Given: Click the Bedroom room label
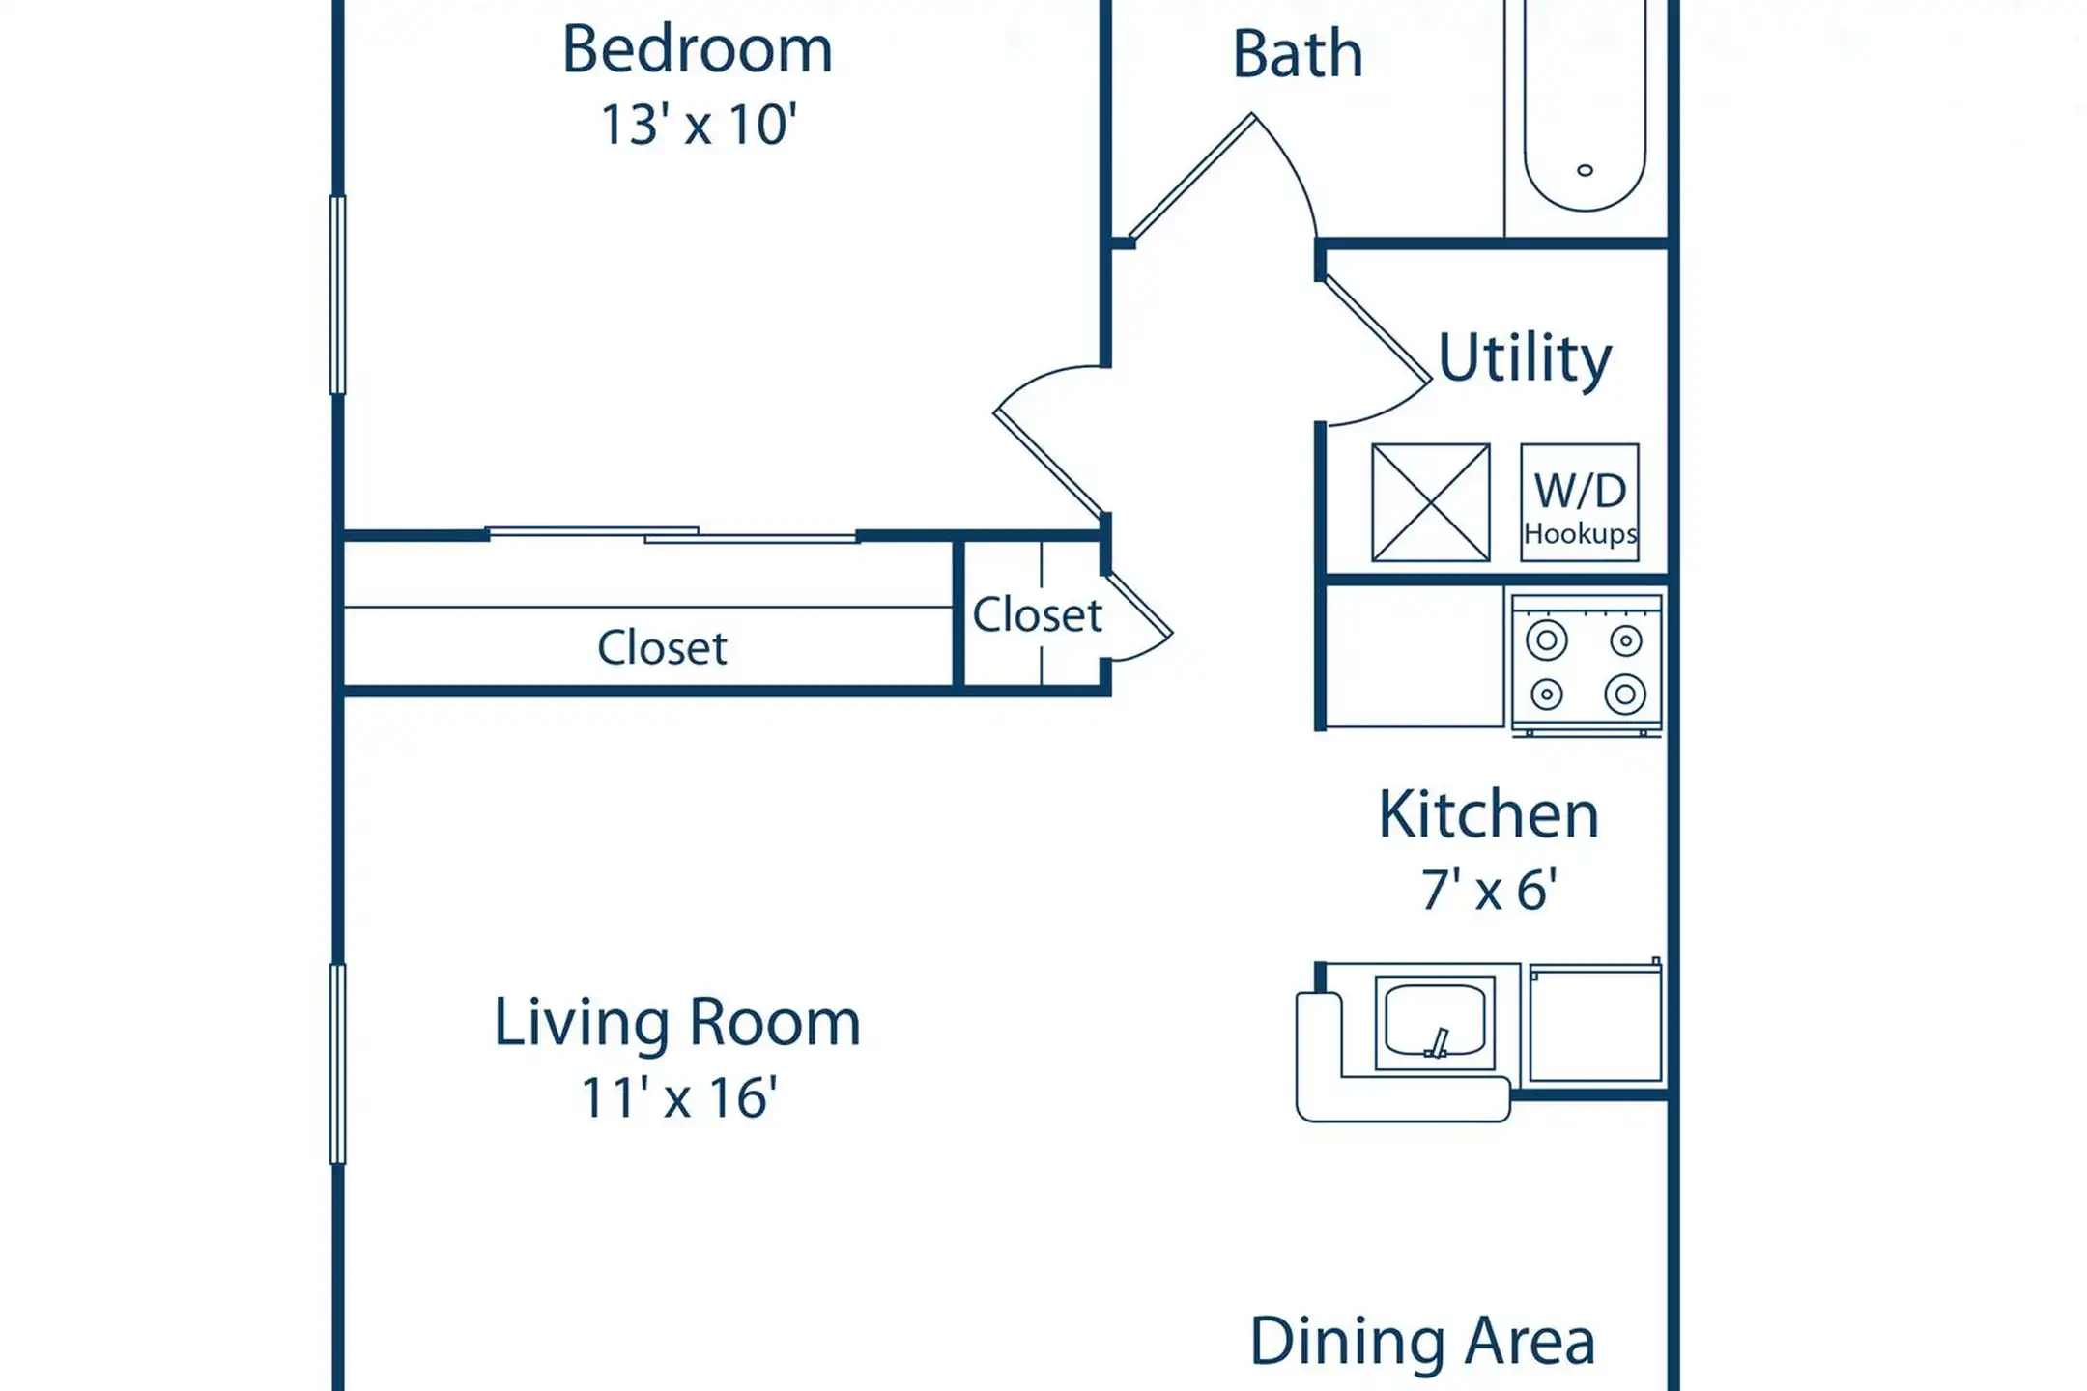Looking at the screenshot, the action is [x=697, y=50].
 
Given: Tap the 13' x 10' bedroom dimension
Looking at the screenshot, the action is [x=699, y=125].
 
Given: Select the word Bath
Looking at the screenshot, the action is [x=1298, y=54].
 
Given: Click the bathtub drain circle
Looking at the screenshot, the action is [x=1585, y=171].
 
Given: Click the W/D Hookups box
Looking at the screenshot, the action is [x=1580, y=502].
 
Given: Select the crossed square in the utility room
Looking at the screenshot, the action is [x=1431, y=502].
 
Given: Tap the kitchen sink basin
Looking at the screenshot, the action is [x=1435, y=1021].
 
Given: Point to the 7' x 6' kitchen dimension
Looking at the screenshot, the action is [x=1489, y=890].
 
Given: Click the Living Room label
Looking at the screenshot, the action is [x=677, y=1022].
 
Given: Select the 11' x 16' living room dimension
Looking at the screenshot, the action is [x=679, y=1097].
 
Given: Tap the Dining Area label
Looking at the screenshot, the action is [x=1422, y=1342].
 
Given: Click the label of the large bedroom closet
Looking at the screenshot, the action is [x=662, y=647].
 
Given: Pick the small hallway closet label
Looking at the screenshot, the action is [x=1037, y=614].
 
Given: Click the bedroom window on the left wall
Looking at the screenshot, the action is [x=338, y=295].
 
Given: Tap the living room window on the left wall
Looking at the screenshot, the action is [x=338, y=1064].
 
